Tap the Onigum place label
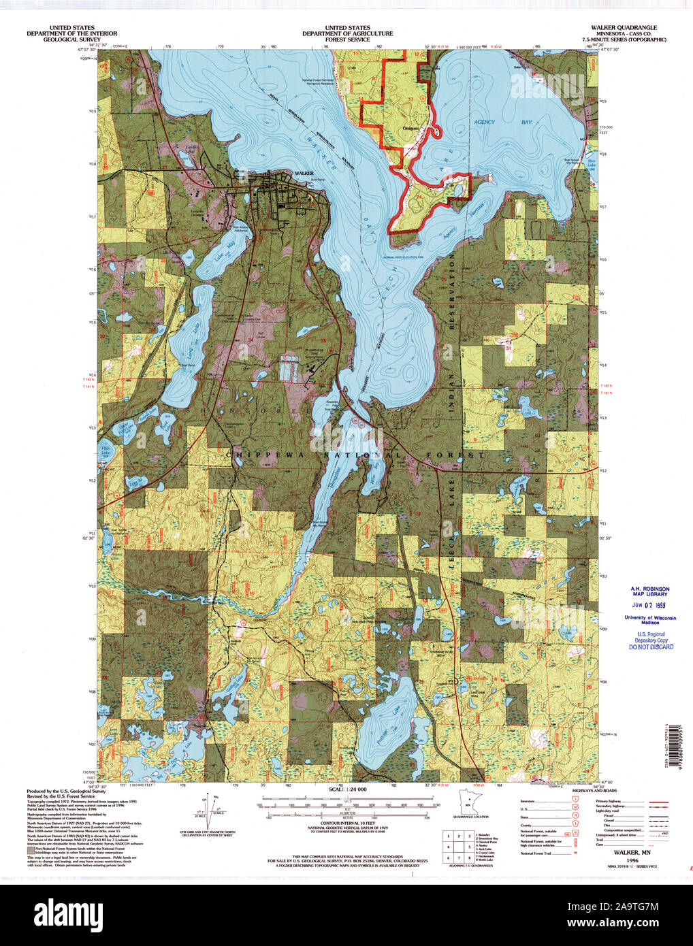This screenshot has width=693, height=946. pos(410,127)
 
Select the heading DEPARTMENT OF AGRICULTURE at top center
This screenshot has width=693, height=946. pos(347,33)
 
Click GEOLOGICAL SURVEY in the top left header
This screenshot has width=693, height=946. pos(71,39)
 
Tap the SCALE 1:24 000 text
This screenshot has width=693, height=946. pos(347,789)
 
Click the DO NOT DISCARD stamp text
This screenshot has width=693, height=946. pos(651,647)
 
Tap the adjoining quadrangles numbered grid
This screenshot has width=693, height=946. pos(459,845)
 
